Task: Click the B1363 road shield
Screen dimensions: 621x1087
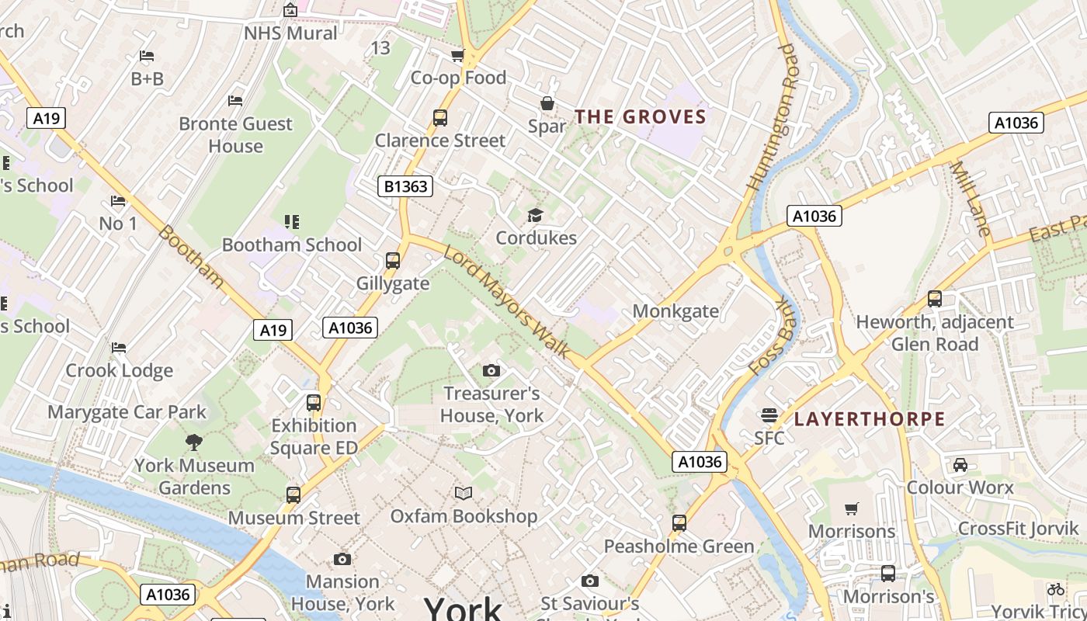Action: [x=405, y=186]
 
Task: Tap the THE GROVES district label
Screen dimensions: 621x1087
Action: [x=641, y=117]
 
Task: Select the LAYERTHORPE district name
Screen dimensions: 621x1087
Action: [x=870, y=419]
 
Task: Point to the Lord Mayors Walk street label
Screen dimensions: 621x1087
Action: [x=508, y=301]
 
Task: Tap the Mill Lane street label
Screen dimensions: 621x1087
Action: [x=971, y=199]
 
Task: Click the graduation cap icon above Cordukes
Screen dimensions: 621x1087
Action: [x=535, y=215]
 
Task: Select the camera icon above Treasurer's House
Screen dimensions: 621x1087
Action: [x=491, y=370]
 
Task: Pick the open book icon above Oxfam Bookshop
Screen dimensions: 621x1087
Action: [x=464, y=493]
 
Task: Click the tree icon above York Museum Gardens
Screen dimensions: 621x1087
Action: [x=194, y=442]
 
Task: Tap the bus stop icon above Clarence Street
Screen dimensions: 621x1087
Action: [x=440, y=118]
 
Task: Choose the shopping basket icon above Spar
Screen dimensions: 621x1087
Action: [x=547, y=103]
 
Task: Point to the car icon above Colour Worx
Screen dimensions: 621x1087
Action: [x=960, y=465]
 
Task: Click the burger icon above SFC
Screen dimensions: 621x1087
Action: [x=769, y=415]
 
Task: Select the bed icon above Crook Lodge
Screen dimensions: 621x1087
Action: [x=119, y=347]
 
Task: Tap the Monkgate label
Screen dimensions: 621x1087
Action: [x=675, y=311]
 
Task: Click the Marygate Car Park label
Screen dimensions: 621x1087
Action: [x=127, y=411]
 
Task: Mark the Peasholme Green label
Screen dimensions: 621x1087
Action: [x=679, y=546]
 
